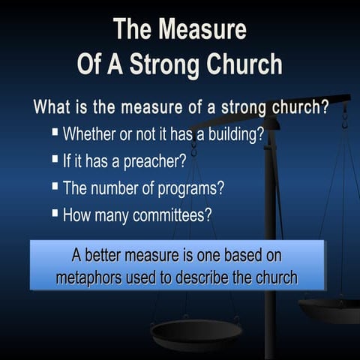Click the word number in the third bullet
[118, 187]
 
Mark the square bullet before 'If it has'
[55, 159]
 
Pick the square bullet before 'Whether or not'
[55, 133]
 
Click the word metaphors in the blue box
[90, 277]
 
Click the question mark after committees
[208, 214]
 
